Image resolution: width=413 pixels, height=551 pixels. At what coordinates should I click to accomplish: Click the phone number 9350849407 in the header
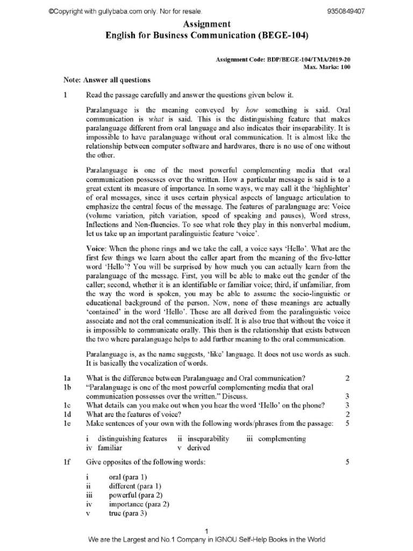click(x=346, y=12)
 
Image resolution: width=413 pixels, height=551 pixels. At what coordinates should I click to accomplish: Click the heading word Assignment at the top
click(x=207, y=24)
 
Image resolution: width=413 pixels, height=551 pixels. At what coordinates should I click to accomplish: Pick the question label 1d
click(x=67, y=414)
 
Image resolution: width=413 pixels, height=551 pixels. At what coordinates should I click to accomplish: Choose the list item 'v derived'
click(x=194, y=447)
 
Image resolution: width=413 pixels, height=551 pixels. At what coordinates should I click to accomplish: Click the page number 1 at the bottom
click(x=206, y=532)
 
